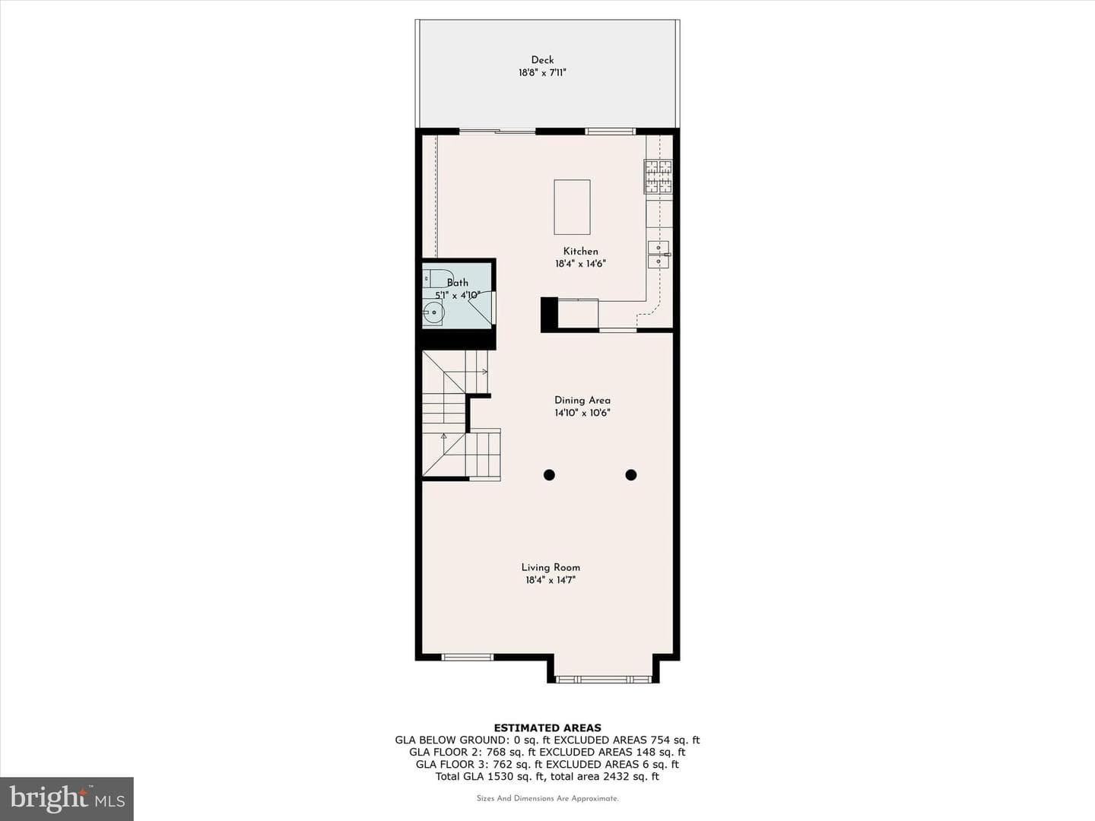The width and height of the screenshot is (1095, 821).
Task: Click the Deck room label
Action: [542, 60]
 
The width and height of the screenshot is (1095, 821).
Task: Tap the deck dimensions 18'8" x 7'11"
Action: [542, 73]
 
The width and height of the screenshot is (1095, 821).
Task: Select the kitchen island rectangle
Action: [572, 207]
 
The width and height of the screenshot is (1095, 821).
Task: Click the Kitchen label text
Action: [581, 251]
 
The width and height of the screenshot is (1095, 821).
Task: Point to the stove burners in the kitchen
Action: [658, 176]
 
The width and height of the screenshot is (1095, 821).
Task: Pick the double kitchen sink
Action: [659, 254]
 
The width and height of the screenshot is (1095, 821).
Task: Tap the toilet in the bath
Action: [437, 278]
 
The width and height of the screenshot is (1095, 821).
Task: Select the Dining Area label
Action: [582, 400]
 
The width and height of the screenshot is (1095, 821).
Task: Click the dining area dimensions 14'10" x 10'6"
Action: [582, 413]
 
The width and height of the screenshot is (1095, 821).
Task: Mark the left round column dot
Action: [549, 475]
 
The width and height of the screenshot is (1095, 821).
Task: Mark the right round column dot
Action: [631, 475]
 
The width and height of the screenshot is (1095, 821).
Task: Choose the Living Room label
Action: [551, 567]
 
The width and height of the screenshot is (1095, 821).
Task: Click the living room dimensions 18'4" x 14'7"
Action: [551, 580]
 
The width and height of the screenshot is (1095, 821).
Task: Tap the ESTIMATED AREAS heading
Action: [547, 727]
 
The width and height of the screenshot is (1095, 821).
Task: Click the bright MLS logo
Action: [67, 798]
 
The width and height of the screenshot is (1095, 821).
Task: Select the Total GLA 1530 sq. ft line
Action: [547, 776]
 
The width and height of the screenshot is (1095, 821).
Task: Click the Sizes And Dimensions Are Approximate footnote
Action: [547, 798]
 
